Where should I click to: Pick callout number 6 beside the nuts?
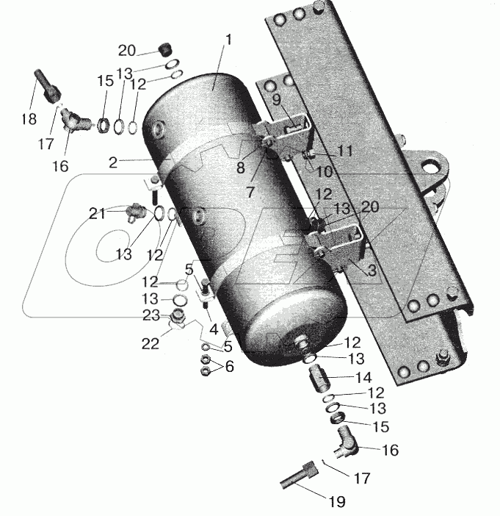[x=230, y=366]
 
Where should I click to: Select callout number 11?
[x=344, y=151]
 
